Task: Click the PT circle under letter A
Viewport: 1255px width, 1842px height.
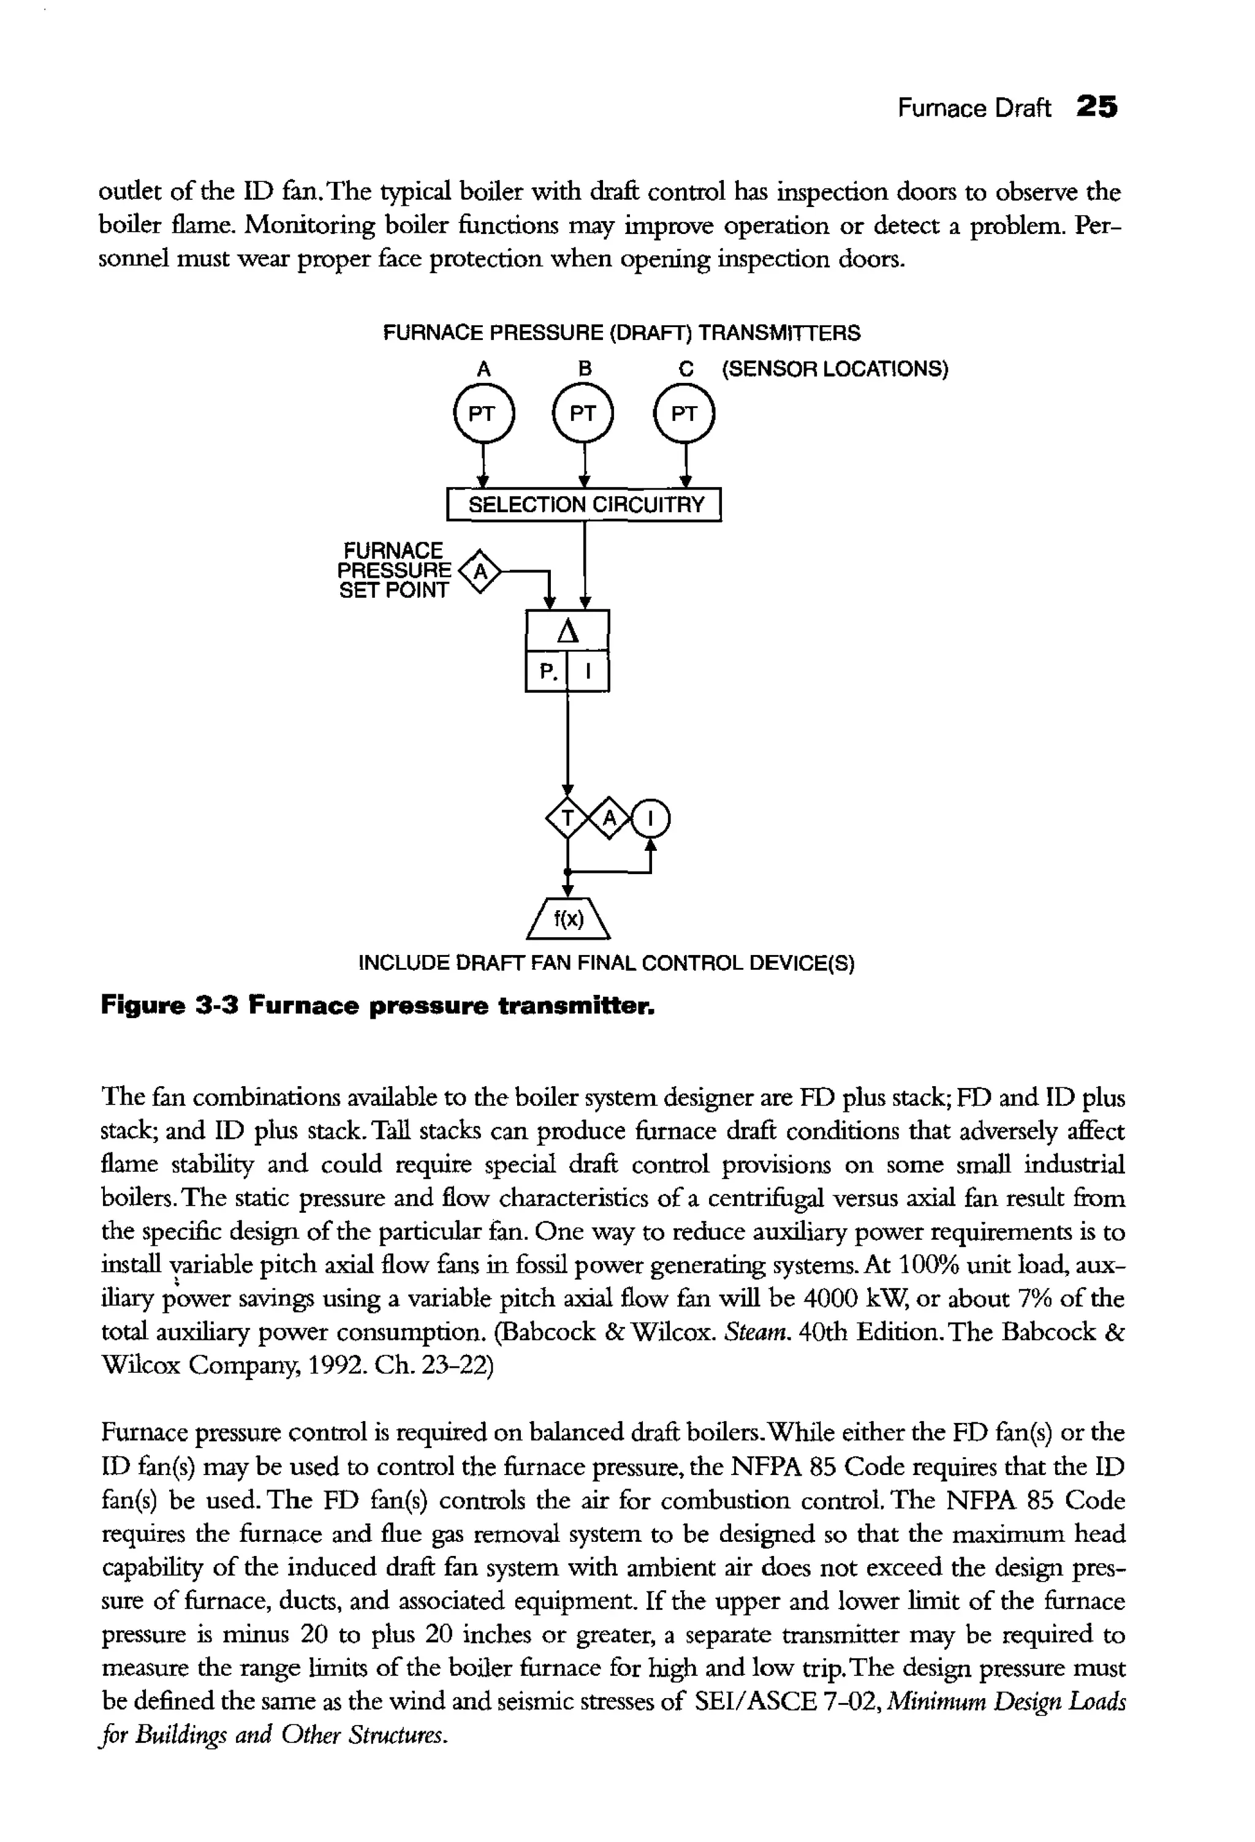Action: pyautogui.click(x=483, y=413)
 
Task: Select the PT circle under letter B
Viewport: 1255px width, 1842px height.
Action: pyautogui.click(x=583, y=413)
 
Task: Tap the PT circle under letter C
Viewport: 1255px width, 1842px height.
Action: pyautogui.click(x=684, y=413)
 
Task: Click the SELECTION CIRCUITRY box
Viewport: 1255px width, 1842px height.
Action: pyautogui.click(x=585, y=505)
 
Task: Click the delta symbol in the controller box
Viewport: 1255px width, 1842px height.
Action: pyautogui.click(x=567, y=632)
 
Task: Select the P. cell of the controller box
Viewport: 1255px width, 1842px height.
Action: pyautogui.click(x=547, y=672)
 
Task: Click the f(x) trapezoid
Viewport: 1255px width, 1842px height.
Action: pyautogui.click(x=567, y=919)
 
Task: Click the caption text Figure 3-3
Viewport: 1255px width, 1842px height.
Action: pyautogui.click(x=170, y=1006)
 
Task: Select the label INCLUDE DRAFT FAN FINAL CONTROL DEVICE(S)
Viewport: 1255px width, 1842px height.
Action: pyautogui.click(x=607, y=964)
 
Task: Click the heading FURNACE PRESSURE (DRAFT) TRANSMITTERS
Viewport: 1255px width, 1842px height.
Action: pyautogui.click(x=621, y=333)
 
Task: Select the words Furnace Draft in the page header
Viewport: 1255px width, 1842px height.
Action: pyautogui.click(x=974, y=108)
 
